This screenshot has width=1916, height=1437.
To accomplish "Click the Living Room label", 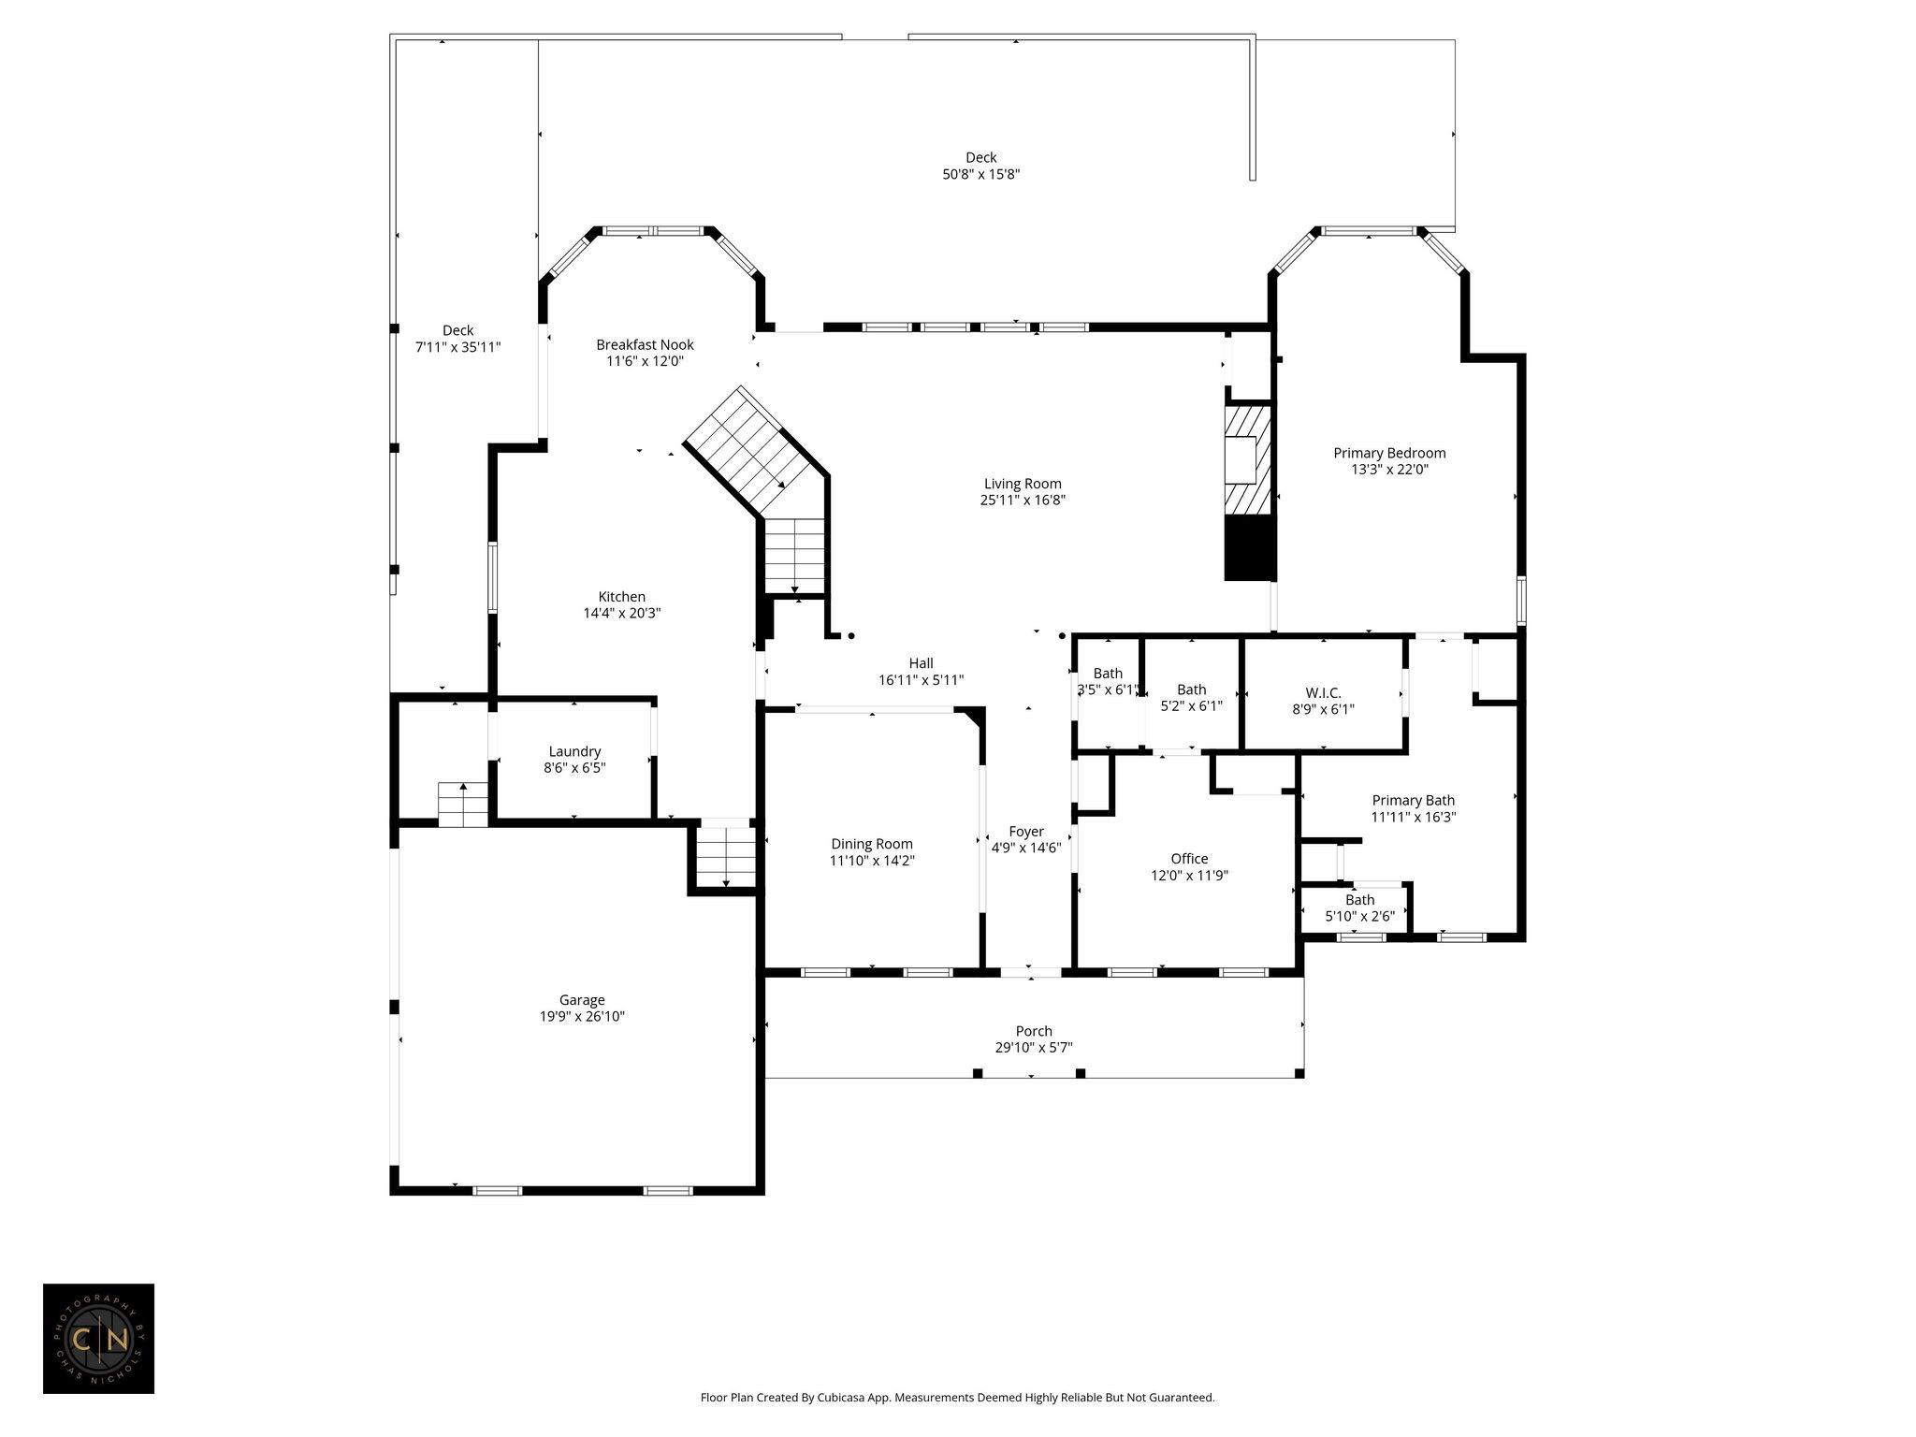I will pos(1023,484).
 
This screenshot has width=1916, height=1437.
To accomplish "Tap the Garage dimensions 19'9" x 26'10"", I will pos(582,1016).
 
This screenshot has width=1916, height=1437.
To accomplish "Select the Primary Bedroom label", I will pos(1389,453).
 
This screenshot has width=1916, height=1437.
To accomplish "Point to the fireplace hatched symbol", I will pos(1249,459).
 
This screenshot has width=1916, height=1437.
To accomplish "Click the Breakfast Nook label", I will pos(645,344).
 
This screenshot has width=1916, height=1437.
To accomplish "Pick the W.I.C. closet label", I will pos(1323,692).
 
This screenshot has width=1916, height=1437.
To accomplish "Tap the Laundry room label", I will pos(574,751).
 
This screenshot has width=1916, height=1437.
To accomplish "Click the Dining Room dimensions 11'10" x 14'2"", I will pos(872,860).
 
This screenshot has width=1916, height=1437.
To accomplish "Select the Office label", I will pos(1189,859).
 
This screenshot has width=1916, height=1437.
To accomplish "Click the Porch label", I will pos(1034,1031).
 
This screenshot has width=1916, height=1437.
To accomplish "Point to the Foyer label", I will pos(1026,832).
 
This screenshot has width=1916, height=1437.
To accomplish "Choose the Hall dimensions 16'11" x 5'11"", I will pos(921,680).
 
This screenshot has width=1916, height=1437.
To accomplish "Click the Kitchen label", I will pos(622,597).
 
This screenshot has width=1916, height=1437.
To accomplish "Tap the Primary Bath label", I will pos(1413,800).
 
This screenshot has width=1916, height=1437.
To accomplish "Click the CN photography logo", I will pos(98,1339).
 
